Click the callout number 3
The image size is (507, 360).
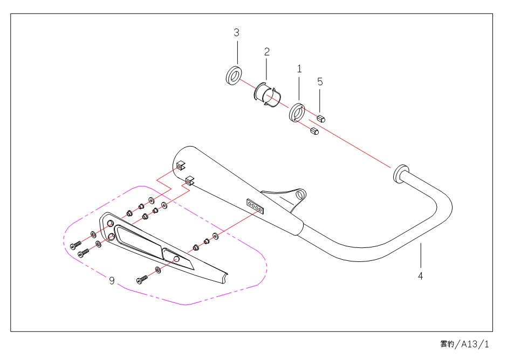(x=236, y=33)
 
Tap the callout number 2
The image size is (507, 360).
(x=266, y=52)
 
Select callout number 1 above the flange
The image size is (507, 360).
(x=299, y=69)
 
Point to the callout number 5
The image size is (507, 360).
(x=320, y=81)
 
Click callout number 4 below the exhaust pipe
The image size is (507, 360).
(x=420, y=276)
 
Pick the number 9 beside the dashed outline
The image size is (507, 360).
(x=112, y=281)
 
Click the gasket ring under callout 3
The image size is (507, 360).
(x=233, y=75)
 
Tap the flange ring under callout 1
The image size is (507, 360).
(x=297, y=112)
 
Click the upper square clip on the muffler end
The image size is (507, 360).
(x=181, y=166)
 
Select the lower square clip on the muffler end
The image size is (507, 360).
(x=189, y=180)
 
